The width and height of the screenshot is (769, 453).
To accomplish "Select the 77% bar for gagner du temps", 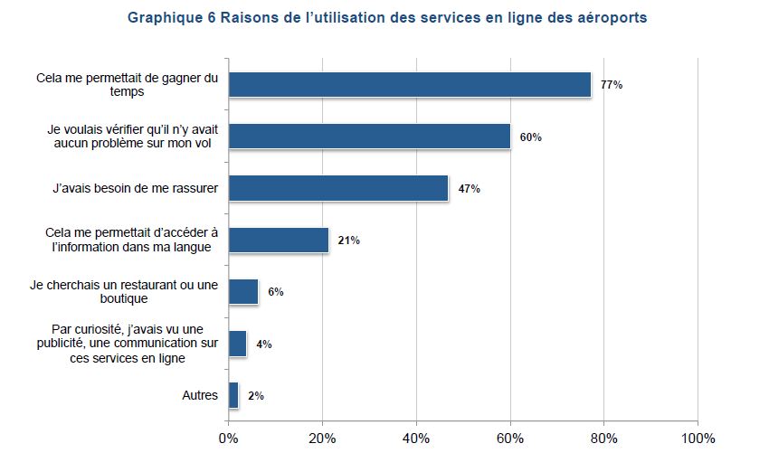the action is (x=410, y=85).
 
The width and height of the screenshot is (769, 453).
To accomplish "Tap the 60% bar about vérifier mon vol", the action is (x=370, y=137).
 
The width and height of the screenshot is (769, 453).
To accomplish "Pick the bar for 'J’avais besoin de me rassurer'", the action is (x=339, y=188).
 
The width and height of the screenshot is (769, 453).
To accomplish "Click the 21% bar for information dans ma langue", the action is (x=279, y=241).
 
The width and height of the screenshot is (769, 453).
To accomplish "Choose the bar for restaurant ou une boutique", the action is (x=243, y=292).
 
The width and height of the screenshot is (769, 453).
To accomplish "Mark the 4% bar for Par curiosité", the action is (x=238, y=344).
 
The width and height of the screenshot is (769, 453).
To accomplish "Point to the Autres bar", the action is (x=233, y=395).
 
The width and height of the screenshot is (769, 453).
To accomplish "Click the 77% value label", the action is (x=612, y=85).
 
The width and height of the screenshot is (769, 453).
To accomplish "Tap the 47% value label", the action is (x=470, y=189).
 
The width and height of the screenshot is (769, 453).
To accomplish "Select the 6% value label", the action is (x=276, y=292).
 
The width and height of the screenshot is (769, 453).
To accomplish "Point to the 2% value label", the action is (x=256, y=396).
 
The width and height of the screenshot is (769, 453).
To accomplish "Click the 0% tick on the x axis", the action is (x=228, y=439).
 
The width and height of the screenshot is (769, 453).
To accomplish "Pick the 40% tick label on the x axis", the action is (x=416, y=439).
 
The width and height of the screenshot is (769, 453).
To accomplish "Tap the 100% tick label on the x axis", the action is (x=698, y=439).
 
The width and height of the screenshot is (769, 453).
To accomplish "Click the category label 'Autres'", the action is (x=200, y=395).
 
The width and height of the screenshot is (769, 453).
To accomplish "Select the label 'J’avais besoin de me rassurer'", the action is (x=136, y=188).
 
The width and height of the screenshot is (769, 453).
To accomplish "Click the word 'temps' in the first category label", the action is (x=127, y=92).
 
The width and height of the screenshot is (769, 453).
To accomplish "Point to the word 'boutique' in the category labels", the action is (x=124, y=298).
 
